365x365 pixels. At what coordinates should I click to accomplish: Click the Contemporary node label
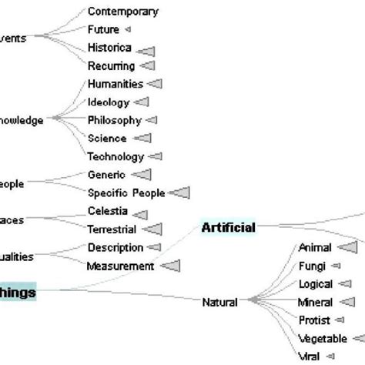click(x=123, y=12)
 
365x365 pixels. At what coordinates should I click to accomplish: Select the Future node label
click(x=103, y=29)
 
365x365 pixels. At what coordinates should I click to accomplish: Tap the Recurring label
click(x=111, y=66)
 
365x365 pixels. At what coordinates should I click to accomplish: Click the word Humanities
click(x=115, y=83)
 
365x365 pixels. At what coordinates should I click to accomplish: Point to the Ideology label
click(x=109, y=102)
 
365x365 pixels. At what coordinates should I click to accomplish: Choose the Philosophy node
click(x=115, y=120)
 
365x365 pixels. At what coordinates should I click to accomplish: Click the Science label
click(x=107, y=139)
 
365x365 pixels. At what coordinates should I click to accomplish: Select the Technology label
click(x=116, y=156)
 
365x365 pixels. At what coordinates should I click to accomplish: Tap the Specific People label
click(x=126, y=193)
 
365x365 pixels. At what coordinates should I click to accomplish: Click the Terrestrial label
click(x=112, y=229)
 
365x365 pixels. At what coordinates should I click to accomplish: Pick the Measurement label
click(x=121, y=266)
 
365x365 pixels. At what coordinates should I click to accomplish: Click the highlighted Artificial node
click(x=228, y=227)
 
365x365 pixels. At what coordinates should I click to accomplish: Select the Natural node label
click(x=219, y=302)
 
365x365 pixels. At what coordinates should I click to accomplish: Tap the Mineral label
click(x=315, y=303)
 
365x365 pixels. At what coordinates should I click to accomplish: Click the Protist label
click(x=314, y=320)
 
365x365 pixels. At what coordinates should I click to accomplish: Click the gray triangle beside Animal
click(x=347, y=247)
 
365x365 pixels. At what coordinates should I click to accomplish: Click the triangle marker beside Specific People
click(x=179, y=193)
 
